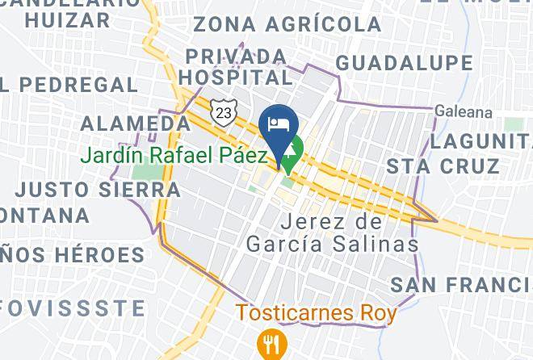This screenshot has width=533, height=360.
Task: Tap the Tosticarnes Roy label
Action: tap(316, 312)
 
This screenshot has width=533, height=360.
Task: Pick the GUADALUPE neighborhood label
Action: tap(404, 63)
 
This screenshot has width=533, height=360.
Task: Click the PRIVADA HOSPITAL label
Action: tap(236, 67)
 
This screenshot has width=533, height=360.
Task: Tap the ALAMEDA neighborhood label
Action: tap(136, 123)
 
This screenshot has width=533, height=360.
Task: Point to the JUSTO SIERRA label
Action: tap(98, 190)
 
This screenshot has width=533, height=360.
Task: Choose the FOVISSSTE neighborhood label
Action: tap(73, 308)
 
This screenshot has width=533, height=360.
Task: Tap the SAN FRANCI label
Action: tap(460, 284)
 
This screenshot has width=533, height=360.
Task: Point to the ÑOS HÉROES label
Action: tap(73, 256)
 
